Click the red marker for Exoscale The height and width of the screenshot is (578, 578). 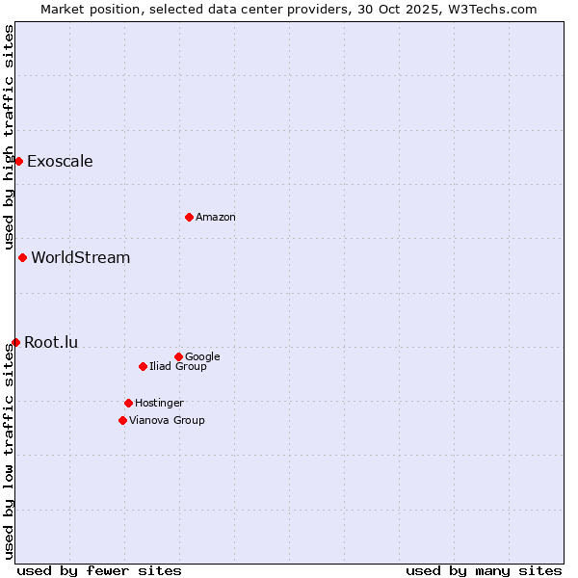click(18, 161)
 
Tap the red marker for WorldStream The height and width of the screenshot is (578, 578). click(22, 257)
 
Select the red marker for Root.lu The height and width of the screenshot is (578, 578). click(15, 342)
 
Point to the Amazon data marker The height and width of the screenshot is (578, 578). click(189, 217)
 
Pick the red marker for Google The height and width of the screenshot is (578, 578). click(178, 356)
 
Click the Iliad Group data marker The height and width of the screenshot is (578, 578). click(143, 366)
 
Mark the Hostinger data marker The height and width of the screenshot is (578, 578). click(128, 403)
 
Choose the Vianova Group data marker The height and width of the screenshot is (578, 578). click(122, 420)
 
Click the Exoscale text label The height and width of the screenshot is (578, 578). click(60, 161)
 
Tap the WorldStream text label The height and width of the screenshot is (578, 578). click(81, 257)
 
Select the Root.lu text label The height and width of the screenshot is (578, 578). click(51, 342)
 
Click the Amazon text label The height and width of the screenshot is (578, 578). click(216, 218)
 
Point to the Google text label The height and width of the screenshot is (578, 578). click(202, 357)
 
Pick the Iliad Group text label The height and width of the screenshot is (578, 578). click(178, 367)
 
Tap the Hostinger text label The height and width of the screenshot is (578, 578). click(159, 404)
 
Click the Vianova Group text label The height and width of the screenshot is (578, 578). click(167, 421)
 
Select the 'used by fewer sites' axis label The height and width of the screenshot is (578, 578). click(99, 570)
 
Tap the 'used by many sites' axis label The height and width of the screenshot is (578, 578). click(484, 570)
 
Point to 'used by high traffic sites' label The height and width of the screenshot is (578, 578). click(9, 137)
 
